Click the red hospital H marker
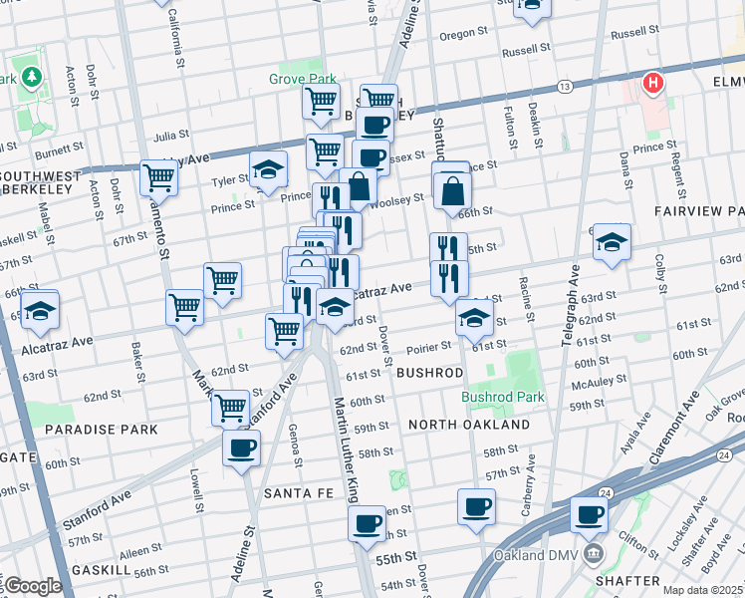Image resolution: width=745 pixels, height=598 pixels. pos(652,83)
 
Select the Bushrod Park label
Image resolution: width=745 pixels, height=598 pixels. pos(503,396)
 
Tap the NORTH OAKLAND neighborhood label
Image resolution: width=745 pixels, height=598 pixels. pos(468,425)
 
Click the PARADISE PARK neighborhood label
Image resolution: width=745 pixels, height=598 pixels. pos(102,430)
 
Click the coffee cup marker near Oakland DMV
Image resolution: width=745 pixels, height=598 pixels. pos(589,515)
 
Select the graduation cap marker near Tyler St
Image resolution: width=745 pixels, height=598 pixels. pos(268,169)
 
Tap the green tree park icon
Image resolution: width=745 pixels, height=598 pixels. pos(32,77)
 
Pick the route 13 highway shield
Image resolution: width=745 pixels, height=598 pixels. pos(565,88)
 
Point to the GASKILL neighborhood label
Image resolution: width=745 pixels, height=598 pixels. pos(101,569)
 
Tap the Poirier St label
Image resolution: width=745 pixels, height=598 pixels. pos(429,346)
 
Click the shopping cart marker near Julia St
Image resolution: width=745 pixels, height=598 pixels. pos(324,151)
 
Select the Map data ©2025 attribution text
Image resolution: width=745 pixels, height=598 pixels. pos(702,590)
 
